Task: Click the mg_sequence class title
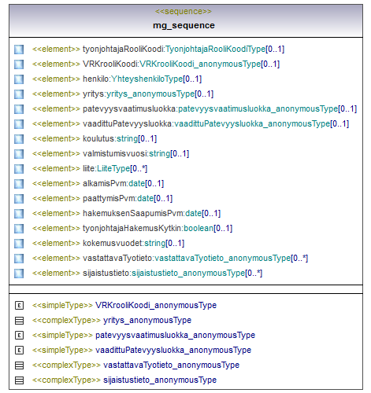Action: [x=184, y=25]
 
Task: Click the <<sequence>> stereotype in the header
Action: [x=184, y=12]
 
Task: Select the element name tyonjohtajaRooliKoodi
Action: [x=124, y=50]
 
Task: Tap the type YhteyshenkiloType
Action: [x=147, y=79]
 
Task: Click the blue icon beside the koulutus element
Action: [x=19, y=139]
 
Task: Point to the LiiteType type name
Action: [x=113, y=168]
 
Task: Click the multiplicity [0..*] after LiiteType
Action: [x=139, y=168]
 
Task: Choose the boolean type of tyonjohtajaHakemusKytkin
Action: [x=198, y=228]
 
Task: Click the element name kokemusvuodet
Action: [x=113, y=243]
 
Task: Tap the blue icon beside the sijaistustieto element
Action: [x=19, y=274]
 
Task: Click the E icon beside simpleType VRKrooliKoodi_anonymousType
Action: [x=19, y=305]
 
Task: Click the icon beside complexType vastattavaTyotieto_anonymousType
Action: [x=19, y=365]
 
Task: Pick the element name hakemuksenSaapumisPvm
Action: [x=133, y=213]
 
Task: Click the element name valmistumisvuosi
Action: [x=115, y=153]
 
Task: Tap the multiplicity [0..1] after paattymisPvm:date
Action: [x=163, y=198]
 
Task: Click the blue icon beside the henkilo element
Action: [x=19, y=79]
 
